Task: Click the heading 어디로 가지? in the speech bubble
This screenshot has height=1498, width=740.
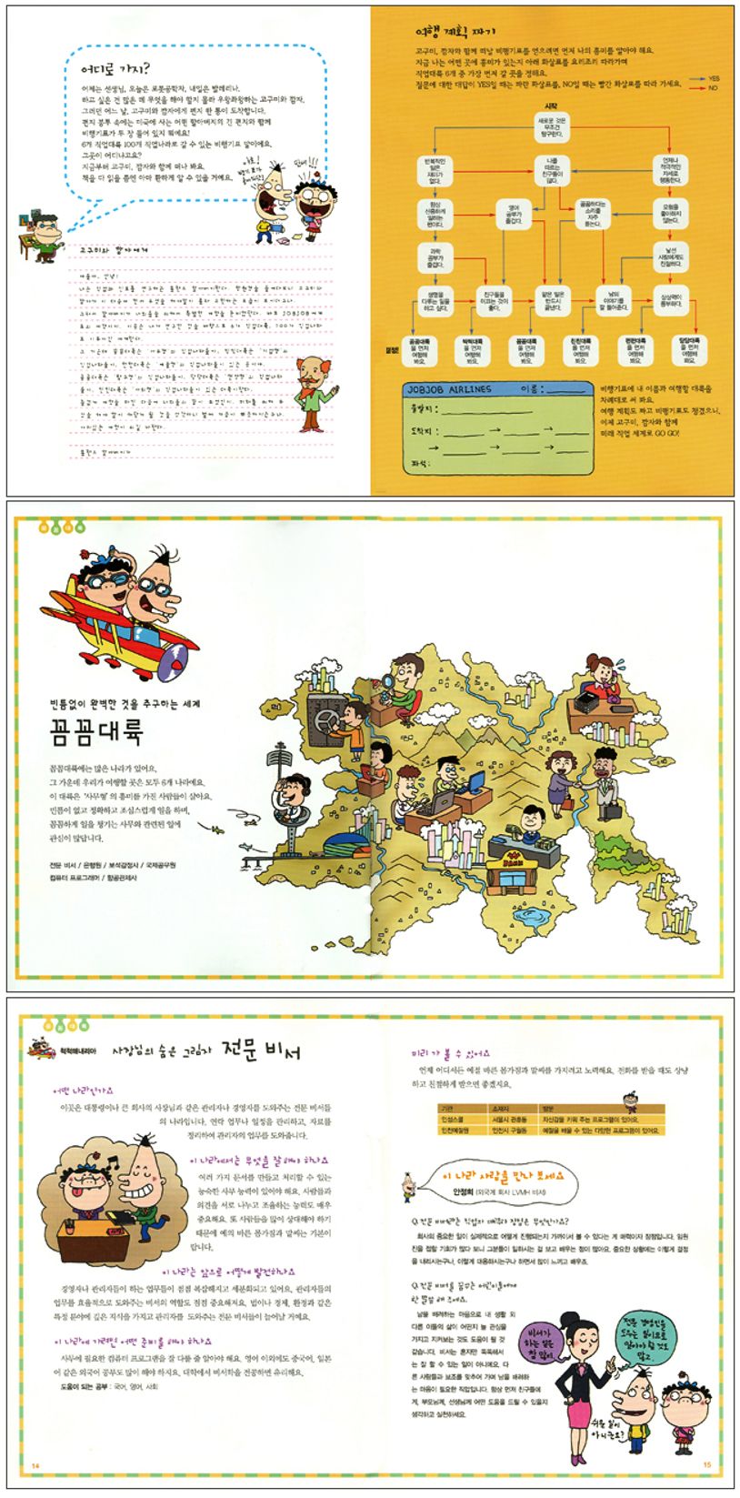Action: pyautogui.click(x=115, y=68)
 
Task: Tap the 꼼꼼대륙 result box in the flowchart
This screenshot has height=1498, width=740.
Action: pyautogui.click(x=419, y=347)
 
